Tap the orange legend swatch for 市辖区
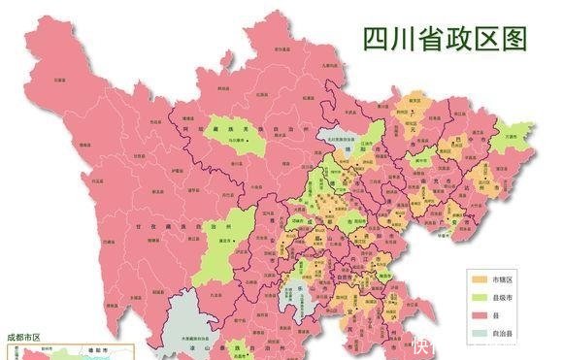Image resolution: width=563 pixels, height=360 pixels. pos(477,278)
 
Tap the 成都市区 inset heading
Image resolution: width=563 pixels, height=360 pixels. pos(24,337)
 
